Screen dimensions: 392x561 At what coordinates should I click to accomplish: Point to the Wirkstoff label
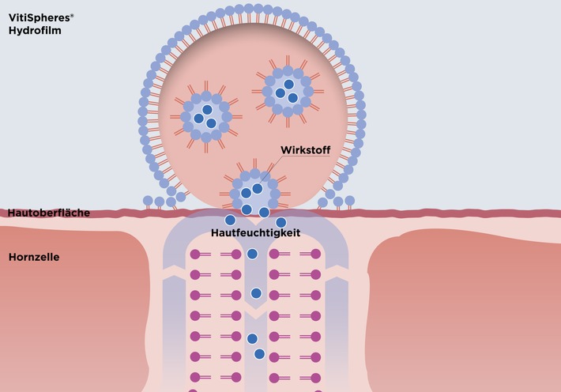pyautogui.click(x=305, y=149)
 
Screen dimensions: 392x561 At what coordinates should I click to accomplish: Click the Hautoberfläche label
pyautogui.click(x=48, y=213)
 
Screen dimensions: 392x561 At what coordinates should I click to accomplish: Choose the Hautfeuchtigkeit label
pyautogui.click(x=254, y=234)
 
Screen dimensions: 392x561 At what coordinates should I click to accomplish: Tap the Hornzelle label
pyautogui.click(x=34, y=257)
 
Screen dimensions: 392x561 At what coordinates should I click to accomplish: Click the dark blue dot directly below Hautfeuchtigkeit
pyautogui.click(x=252, y=254)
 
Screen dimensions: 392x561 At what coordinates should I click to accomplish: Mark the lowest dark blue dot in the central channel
pyautogui.click(x=259, y=353)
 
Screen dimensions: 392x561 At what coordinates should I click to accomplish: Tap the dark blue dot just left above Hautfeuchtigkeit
pyautogui.click(x=230, y=220)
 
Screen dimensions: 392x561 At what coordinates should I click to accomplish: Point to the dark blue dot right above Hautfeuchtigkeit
pyautogui.click(x=280, y=222)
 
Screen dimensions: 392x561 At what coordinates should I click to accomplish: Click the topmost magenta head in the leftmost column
pyautogui.click(x=194, y=254)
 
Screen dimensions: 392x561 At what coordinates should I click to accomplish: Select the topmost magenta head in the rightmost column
pyautogui.click(x=316, y=254)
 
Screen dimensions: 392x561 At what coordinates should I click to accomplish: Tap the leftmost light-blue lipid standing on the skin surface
pyautogui.click(x=147, y=202)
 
